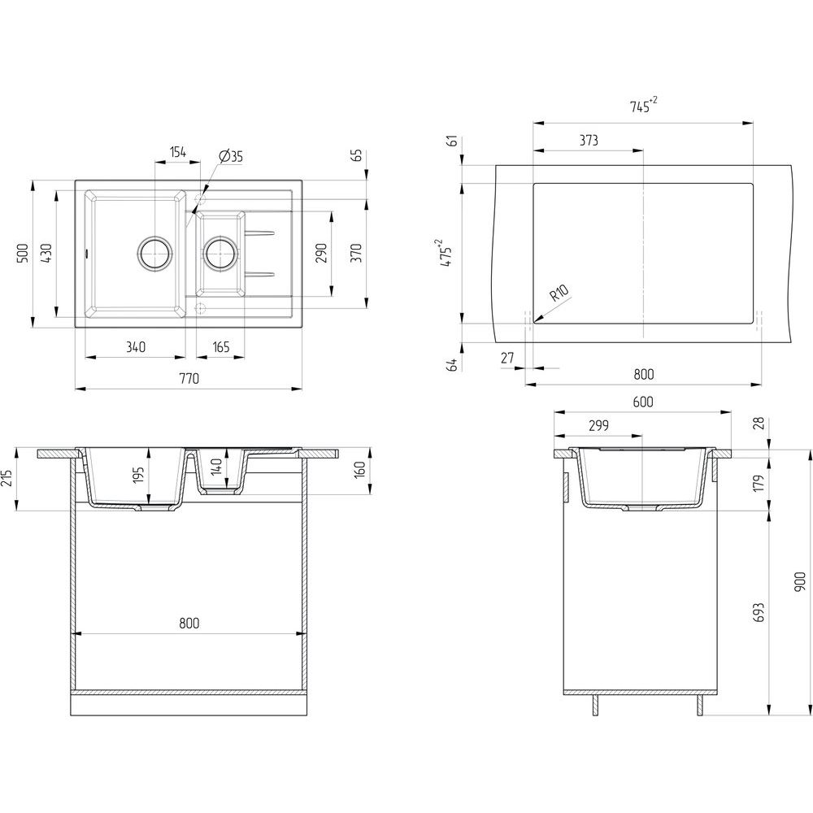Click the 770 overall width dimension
pos(189,379)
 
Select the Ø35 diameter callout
pos(231,156)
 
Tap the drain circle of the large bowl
pos(154,253)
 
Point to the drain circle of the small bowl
pos(219,253)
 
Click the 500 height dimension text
pos(24,253)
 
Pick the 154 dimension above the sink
pos(178,152)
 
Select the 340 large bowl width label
pos(136,347)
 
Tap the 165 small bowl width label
pos(220,347)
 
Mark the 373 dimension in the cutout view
pos(589,141)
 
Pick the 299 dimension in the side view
pos(598,425)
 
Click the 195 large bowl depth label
pos(139,476)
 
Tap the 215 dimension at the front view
pos(9,478)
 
